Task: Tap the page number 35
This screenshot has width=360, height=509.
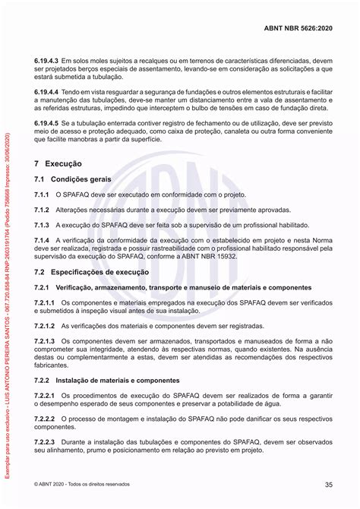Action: (328, 485)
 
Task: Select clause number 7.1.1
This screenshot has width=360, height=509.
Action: (43, 195)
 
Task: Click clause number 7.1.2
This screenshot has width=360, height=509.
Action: (43, 210)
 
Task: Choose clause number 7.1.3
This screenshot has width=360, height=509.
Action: (43, 225)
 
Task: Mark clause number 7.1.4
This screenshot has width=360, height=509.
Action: (43, 240)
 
